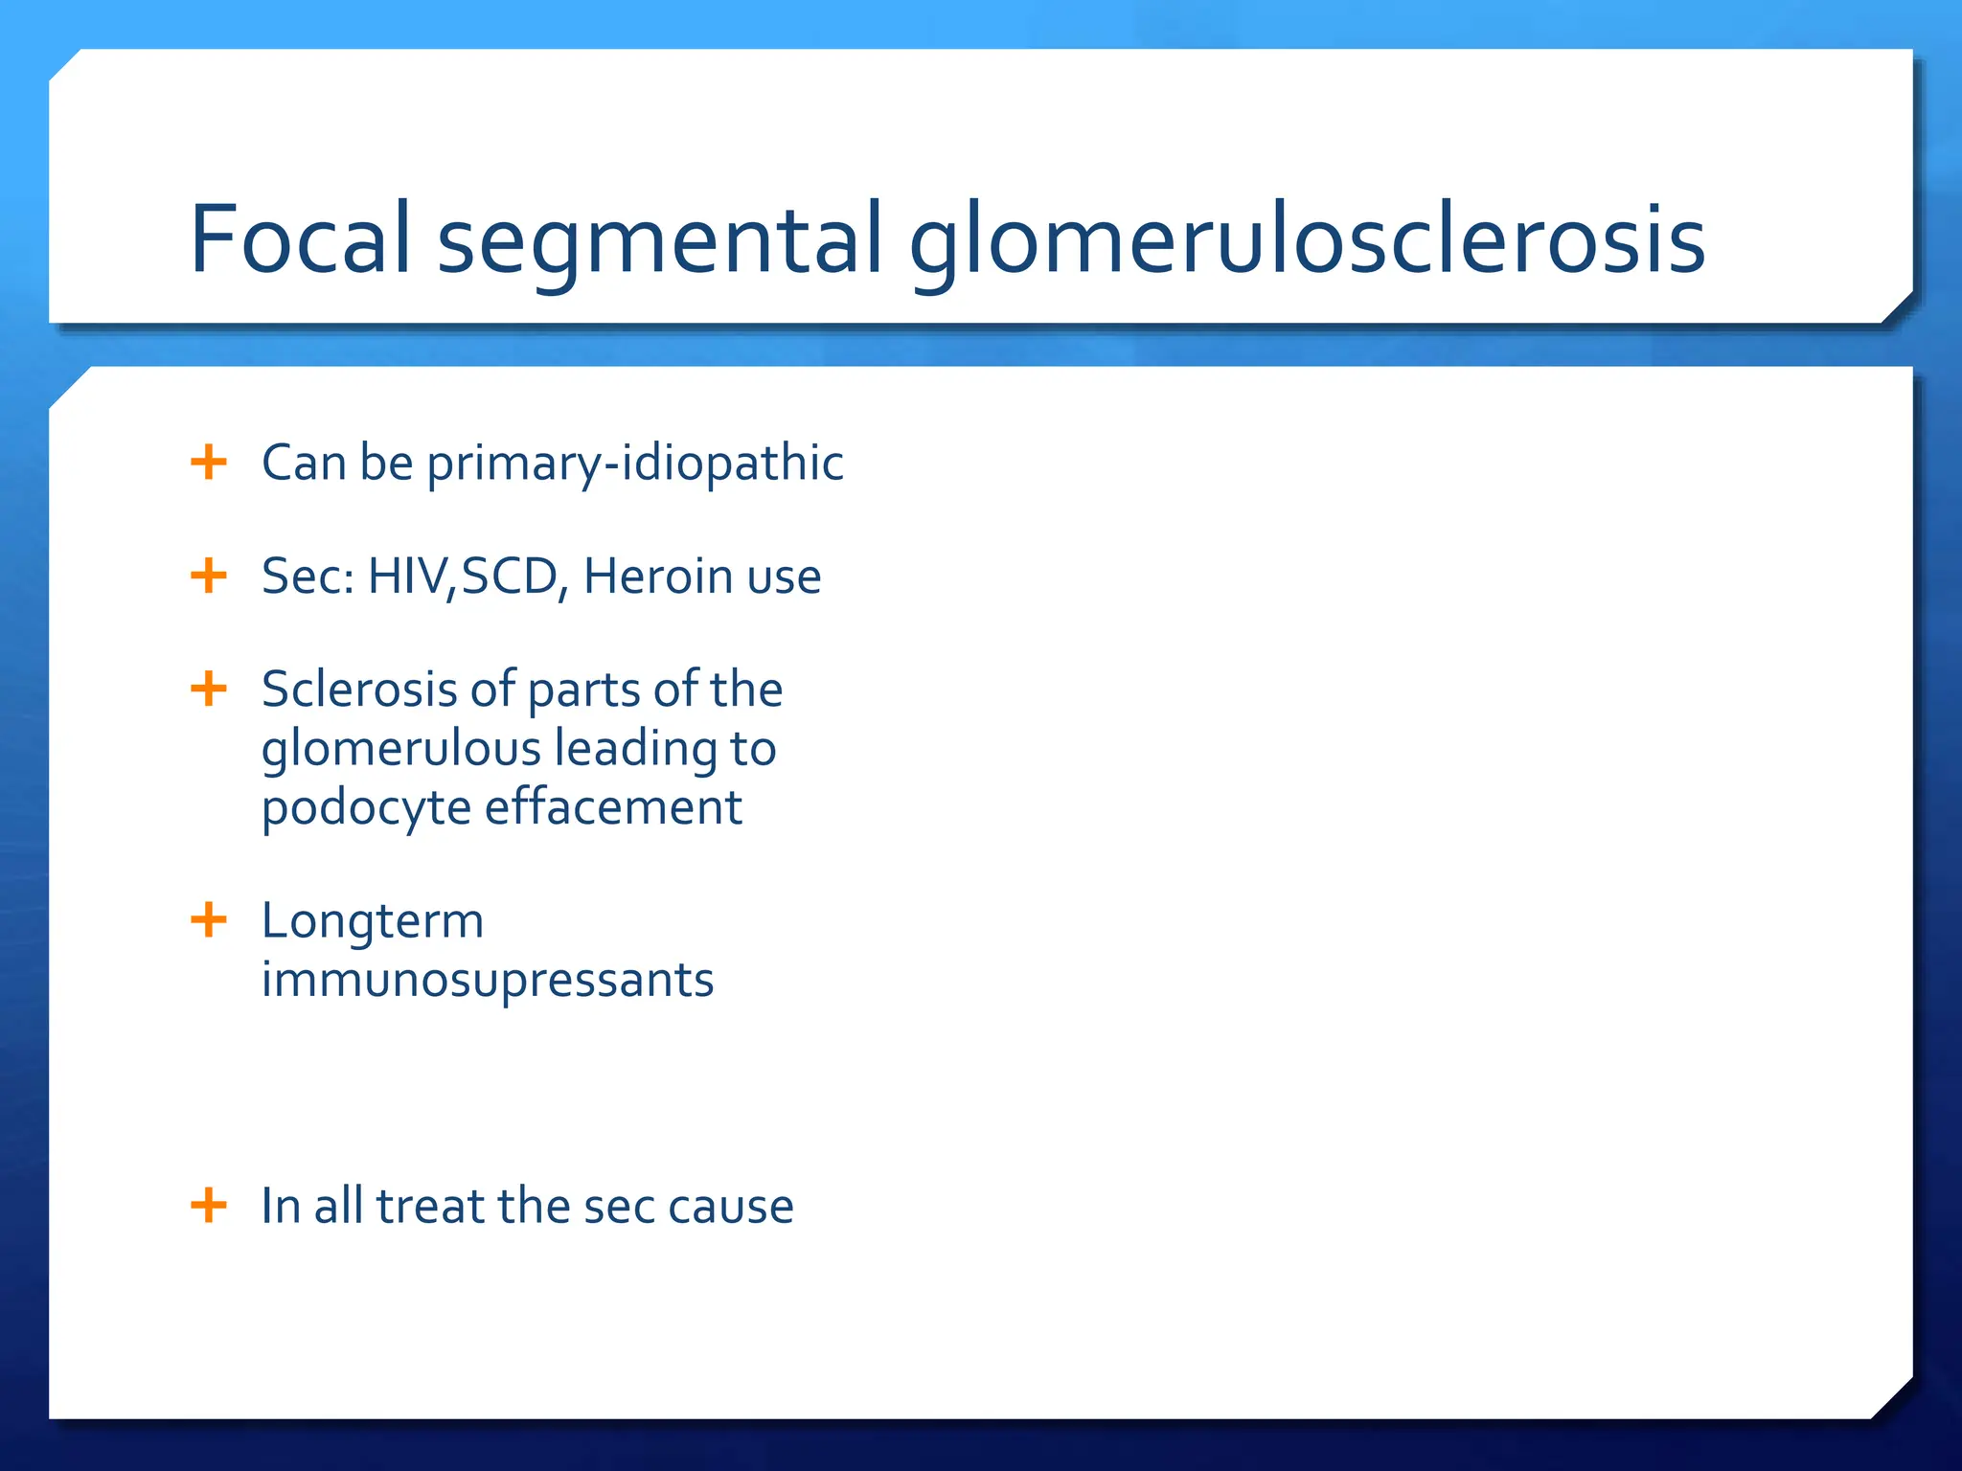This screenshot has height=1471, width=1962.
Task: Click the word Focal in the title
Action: pos(300,239)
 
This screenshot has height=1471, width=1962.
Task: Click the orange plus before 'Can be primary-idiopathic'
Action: pos(209,463)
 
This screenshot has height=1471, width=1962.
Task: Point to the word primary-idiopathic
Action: pos(634,464)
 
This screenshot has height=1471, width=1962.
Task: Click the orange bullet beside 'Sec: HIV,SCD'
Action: pos(209,577)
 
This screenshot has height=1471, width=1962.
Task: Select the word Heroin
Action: pos(658,577)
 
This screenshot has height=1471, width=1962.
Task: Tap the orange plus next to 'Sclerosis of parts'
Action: pos(209,689)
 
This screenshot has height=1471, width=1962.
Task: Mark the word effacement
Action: pos(613,807)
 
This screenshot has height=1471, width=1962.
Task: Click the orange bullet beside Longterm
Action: pos(209,920)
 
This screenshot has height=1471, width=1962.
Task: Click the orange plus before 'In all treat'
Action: pos(209,1205)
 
